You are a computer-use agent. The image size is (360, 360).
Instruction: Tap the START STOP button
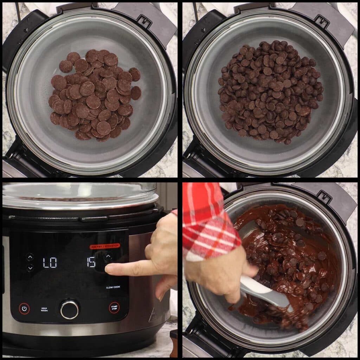[114, 308]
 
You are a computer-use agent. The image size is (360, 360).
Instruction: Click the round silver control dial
[69, 309]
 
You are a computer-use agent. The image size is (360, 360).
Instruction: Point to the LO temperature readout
[50, 263]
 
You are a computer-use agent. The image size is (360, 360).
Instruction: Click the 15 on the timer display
[91, 262]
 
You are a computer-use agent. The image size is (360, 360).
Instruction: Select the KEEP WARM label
[44, 309]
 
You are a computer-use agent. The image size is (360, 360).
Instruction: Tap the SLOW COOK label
[113, 287]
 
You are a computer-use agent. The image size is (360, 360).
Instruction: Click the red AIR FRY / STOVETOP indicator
[104, 246]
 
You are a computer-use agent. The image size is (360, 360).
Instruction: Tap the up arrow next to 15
[108, 256]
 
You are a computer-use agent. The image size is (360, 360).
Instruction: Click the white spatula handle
[264, 291]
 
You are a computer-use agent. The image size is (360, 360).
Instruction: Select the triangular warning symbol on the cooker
[152, 315]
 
